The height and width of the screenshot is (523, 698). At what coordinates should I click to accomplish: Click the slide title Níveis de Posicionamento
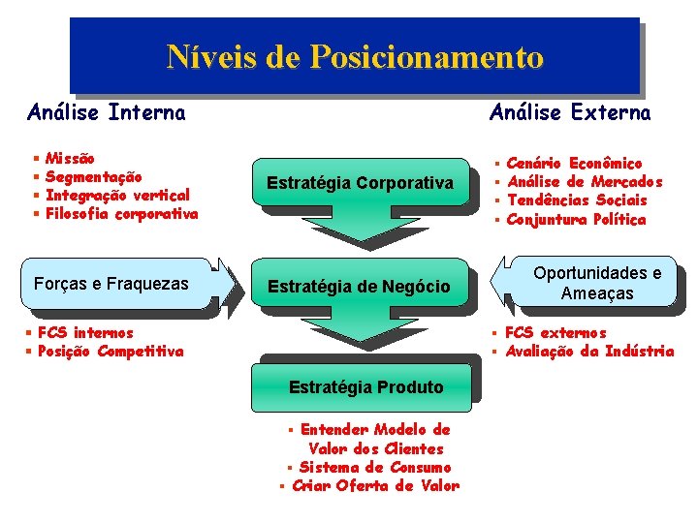355,57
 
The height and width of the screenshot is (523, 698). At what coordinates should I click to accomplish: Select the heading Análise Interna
107,113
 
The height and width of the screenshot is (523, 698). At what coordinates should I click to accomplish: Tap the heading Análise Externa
570,113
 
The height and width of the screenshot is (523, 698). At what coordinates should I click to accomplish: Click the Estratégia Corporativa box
360,182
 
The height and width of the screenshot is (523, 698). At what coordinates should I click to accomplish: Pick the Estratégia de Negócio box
359,286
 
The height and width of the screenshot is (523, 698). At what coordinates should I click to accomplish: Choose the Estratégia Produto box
365,387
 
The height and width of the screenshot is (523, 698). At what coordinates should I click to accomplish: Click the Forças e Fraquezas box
111,285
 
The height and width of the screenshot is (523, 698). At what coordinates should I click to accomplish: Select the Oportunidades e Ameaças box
597,283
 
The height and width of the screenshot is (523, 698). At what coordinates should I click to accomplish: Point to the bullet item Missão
70,158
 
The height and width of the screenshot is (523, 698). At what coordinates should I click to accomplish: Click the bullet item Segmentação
93,176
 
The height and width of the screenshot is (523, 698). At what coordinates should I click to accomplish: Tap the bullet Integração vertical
117,195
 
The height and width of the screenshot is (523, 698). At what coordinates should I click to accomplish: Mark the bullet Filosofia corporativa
121,213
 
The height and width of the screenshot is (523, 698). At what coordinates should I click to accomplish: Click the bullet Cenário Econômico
574,164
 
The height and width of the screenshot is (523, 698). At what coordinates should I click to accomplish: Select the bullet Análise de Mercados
585,182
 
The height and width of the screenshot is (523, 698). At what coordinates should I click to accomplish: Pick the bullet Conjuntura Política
576,219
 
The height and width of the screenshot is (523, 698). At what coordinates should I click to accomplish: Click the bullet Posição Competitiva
110,352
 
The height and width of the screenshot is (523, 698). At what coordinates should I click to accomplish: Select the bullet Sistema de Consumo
375,467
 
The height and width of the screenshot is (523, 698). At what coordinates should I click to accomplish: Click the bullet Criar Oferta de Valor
375,485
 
